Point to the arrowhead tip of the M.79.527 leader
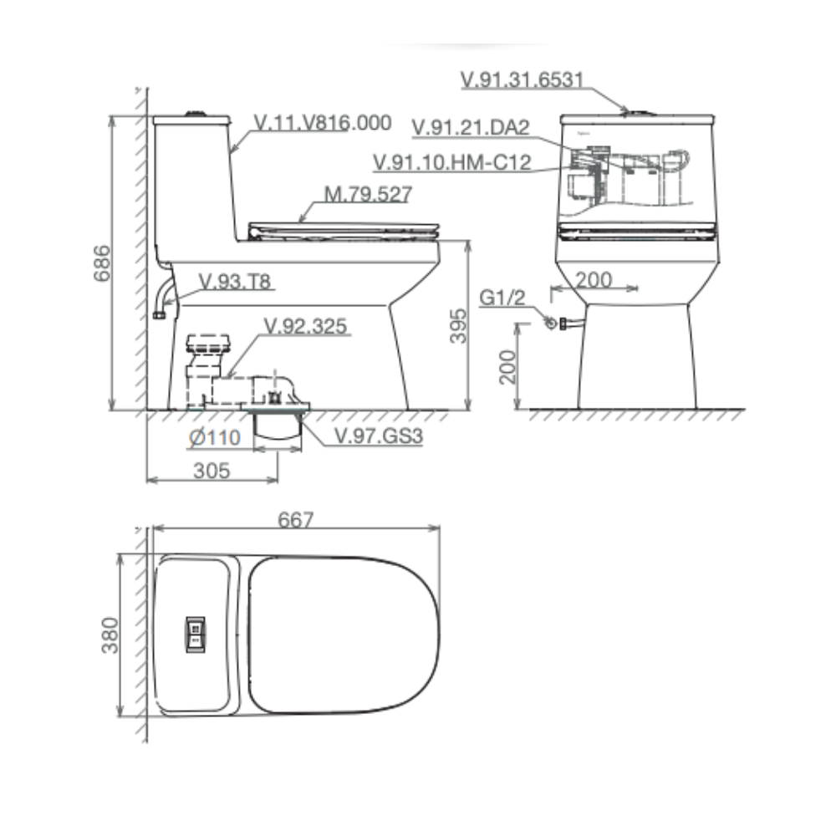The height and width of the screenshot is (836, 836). (x=299, y=222)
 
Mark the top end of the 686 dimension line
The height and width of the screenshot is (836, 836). (x=112, y=115)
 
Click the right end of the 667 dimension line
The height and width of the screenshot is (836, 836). (x=440, y=528)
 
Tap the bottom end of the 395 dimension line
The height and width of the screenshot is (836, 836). (x=468, y=410)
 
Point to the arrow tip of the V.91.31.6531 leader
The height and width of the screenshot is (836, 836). (x=630, y=113)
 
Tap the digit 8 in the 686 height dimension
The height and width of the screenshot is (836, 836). (x=101, y=263)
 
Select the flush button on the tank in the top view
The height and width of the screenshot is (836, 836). (x=195, y=634)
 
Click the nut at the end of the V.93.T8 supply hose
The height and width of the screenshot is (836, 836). (x=159, y=315)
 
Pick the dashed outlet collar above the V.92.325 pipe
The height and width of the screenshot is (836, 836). (x=208, y=344)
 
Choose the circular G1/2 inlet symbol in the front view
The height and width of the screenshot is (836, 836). (x=551, y=323)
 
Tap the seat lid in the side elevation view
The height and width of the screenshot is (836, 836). (x=344, y=232)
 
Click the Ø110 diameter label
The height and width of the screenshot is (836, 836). (x=215, y=438)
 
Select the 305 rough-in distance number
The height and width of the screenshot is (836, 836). (x=212, y=471)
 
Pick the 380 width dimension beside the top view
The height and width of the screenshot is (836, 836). (x=110, y=635)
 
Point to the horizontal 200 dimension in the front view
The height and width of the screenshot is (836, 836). (x=594, y=280)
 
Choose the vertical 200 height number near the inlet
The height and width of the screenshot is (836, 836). (x=507, y=367)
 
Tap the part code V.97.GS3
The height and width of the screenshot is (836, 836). (x=379, y=436)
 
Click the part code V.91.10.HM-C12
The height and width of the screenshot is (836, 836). (x=452, y=162)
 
